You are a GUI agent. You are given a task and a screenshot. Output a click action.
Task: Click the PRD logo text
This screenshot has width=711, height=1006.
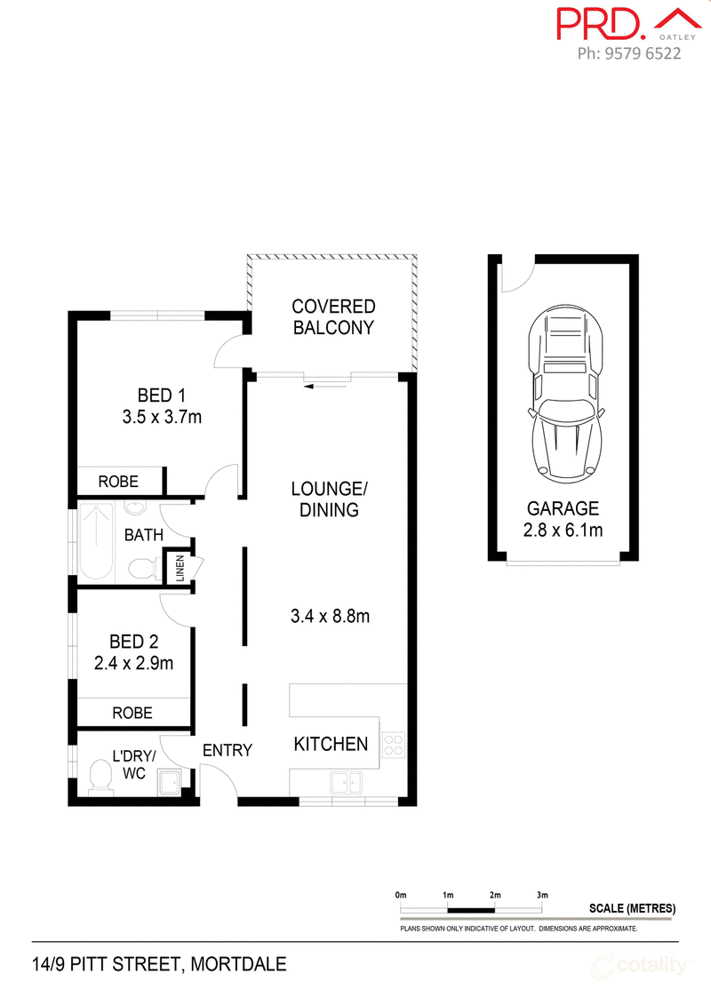601,24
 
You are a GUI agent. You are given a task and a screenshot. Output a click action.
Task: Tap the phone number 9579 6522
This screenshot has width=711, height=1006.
643,54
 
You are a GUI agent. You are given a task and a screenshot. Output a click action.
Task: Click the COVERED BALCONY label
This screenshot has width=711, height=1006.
333,317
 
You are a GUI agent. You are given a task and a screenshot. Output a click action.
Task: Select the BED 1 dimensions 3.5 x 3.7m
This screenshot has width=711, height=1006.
163,417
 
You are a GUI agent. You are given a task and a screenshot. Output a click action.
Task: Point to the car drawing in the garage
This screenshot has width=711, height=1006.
565,394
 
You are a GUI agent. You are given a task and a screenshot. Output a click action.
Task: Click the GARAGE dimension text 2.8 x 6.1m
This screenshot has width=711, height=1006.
563,531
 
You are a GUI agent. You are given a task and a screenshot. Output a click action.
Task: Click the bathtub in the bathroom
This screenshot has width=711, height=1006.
96,542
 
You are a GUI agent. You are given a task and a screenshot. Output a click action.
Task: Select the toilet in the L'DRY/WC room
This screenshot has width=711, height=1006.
100,777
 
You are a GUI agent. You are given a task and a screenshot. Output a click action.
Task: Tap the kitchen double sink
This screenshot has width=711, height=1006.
346,783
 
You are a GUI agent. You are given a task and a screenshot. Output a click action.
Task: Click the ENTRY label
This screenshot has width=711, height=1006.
228,750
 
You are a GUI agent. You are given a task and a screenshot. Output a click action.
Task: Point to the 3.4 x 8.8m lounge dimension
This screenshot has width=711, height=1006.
330,617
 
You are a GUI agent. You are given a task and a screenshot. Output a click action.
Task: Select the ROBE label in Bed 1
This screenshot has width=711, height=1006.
118,482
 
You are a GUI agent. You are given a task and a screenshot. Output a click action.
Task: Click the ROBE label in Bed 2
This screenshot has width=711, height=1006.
132,713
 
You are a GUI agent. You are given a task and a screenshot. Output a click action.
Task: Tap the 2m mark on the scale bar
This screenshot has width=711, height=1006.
495,895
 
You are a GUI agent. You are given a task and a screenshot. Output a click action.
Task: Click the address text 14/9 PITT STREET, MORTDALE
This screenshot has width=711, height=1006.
159,964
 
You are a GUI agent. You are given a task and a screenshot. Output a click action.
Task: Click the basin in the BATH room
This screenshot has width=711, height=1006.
135,508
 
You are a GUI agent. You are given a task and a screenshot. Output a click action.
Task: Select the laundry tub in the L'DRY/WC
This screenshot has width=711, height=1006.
170,782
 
